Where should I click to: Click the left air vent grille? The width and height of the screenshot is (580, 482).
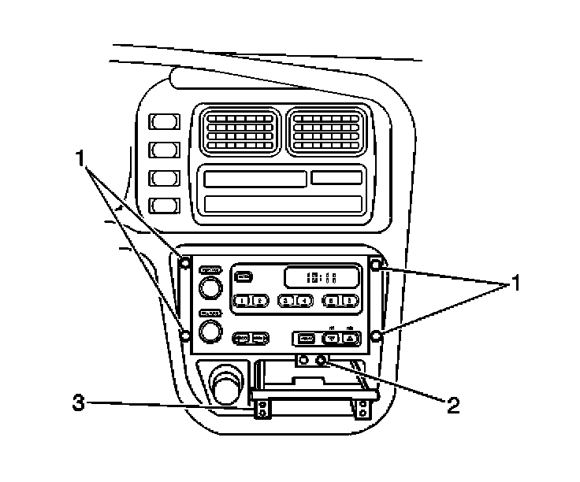point(239,131)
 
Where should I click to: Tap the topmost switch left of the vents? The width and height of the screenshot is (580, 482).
point(164,122)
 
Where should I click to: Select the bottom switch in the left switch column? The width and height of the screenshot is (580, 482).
point(164,206)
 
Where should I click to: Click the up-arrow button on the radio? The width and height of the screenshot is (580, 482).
point(350,339)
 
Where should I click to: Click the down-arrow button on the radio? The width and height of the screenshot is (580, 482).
point(332,339)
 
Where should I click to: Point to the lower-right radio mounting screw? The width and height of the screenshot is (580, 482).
point(376,337)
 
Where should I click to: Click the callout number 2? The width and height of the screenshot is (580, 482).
point(452,406)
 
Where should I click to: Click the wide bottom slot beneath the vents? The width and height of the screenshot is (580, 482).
point(282,204)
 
